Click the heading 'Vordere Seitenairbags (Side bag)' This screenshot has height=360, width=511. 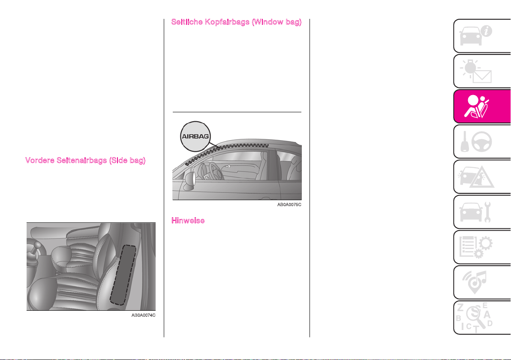pos(85,160)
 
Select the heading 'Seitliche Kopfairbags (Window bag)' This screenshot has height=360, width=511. pos(236,22)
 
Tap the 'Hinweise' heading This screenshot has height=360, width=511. pos(188,221)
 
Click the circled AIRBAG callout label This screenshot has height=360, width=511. pos(195,137)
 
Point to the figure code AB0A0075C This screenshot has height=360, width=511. pos(289,204)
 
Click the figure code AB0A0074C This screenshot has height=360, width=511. pos(143,315)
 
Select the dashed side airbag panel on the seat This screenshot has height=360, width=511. pos(123,275)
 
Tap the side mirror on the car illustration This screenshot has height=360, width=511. pos(189,180)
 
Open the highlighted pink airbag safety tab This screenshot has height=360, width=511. pos(482,107)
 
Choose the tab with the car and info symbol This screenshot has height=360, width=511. pos(482,36)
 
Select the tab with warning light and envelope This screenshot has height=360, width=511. pos(482,71)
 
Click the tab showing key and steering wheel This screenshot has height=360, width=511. pos(482,142)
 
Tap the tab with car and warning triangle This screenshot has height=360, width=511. pos(482,177)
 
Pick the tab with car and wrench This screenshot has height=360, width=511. pos(482,212)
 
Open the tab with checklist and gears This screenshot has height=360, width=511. pos(482,247)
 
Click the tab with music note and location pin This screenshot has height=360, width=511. pos(482,282)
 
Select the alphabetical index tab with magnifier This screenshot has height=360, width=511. pos(482,318)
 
